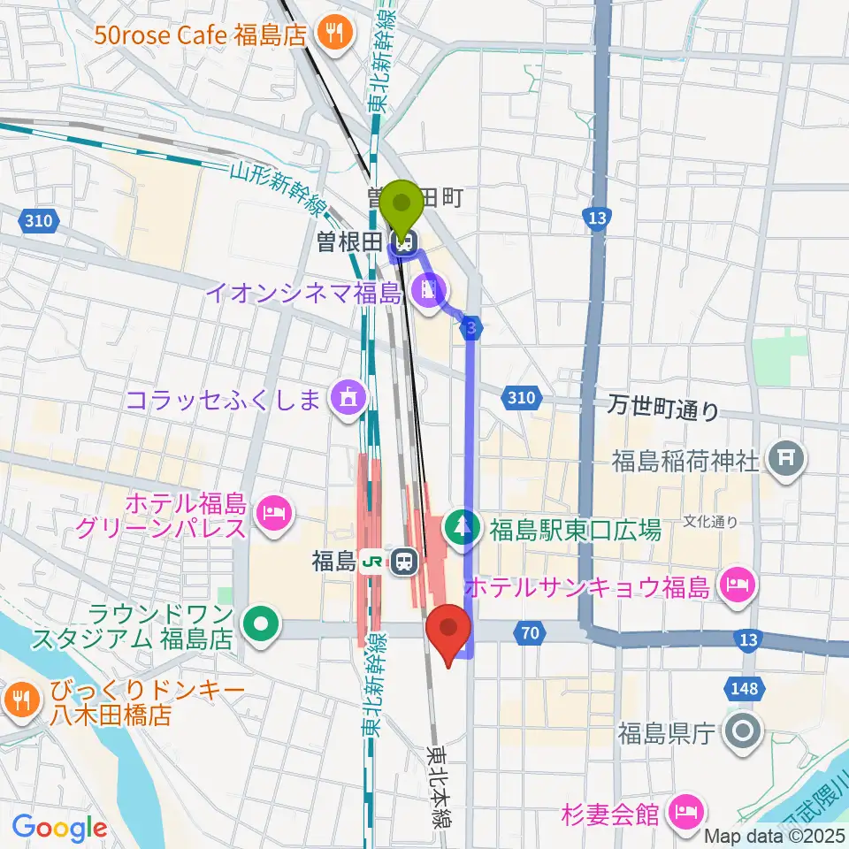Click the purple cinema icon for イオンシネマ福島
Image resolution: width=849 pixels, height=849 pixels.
click(430, 291)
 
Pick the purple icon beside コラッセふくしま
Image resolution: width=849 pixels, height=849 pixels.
click(348, 400)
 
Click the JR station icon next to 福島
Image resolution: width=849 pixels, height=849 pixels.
click(404, 561)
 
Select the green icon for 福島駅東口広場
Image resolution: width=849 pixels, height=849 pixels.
click(461, 530)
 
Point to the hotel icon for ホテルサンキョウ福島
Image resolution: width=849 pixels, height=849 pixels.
click(736, 585)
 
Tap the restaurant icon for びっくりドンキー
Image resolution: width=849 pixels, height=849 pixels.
click(19, 701)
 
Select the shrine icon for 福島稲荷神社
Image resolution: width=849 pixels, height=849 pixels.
click(784, 459)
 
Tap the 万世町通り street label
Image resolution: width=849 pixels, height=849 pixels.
click(662, 409)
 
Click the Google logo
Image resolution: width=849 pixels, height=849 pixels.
click(60, 828)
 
